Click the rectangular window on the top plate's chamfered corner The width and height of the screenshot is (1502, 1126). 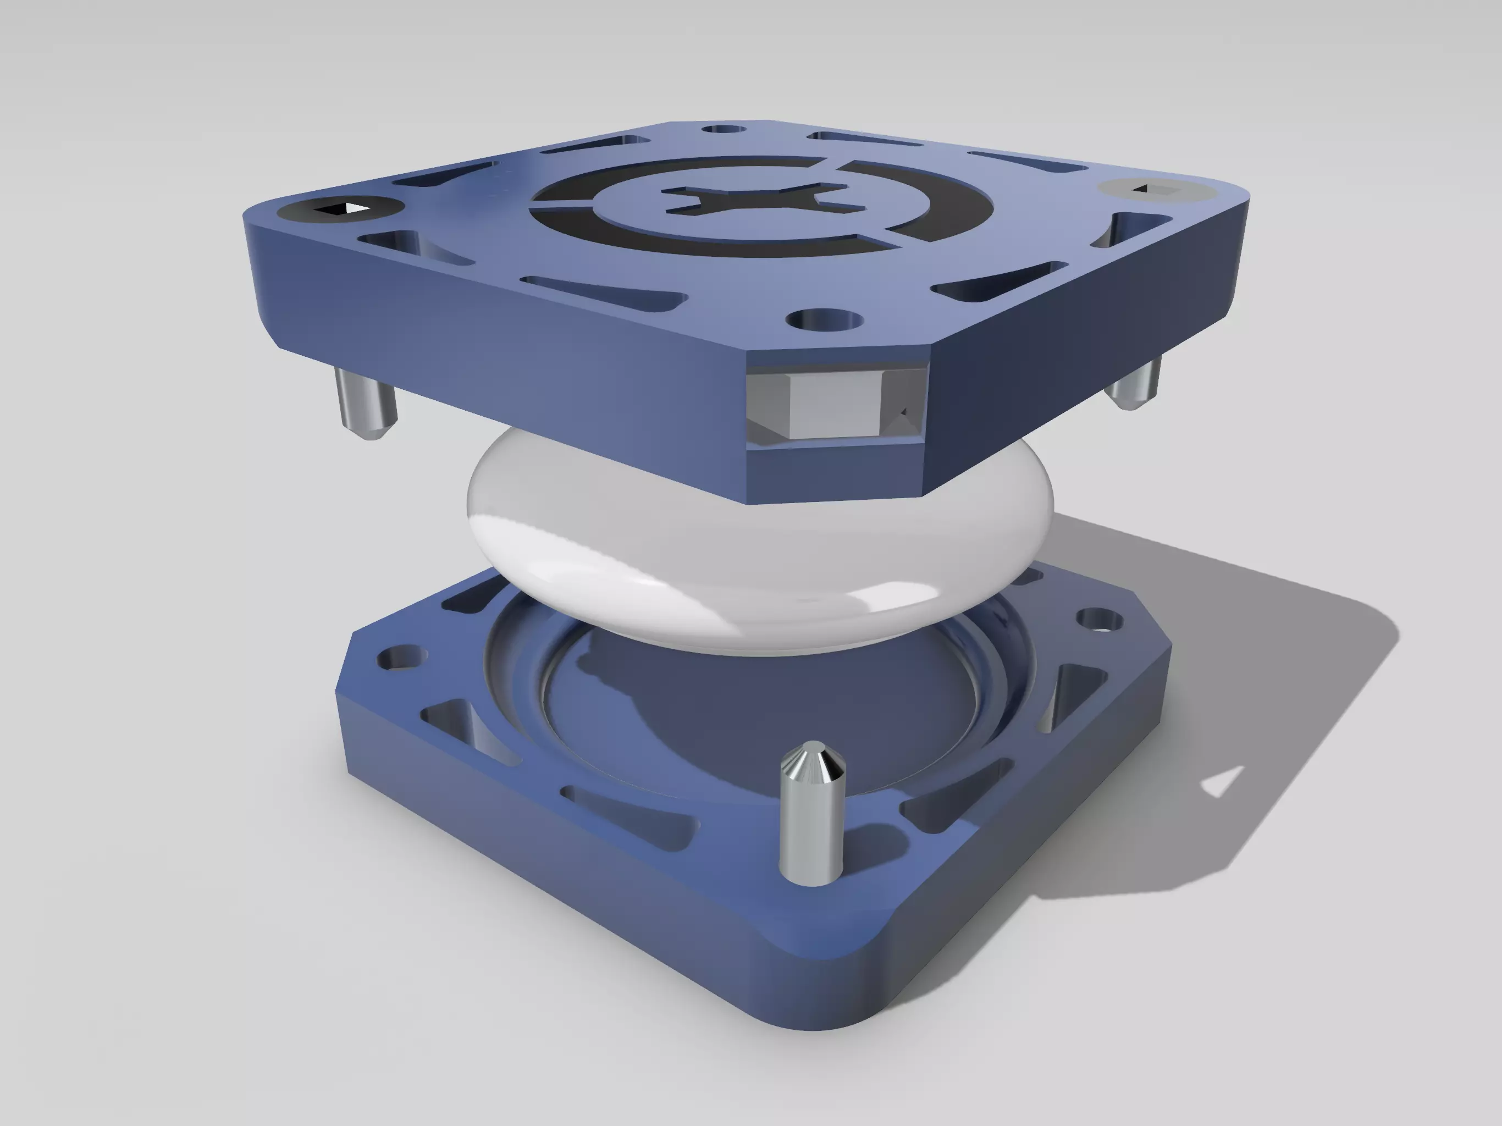pos(835,404)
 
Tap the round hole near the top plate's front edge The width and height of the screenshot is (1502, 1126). pos(824,319)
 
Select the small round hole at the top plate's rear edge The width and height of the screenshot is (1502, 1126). pos(724,129)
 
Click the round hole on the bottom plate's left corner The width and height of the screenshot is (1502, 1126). pos(401,658)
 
